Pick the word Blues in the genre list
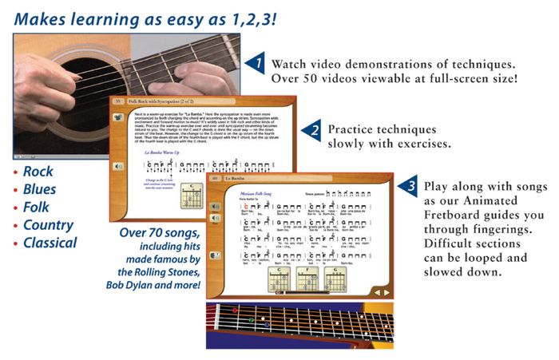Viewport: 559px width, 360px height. [39, 190]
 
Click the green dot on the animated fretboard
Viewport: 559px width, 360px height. [251, 320]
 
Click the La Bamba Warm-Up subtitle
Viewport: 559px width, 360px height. [165, 152]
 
